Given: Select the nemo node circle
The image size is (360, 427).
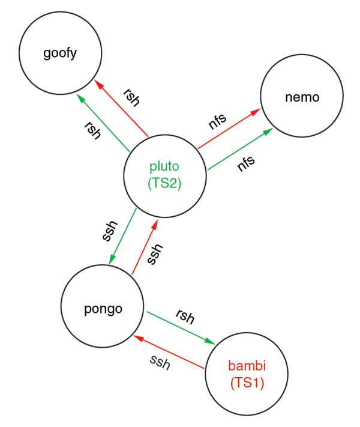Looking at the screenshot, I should [x=301, y=96].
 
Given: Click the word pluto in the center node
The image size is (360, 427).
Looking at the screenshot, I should [x=164, y=166].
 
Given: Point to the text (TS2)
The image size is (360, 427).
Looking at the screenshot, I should [x=164, y=184].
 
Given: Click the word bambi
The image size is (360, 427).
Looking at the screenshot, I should [x=247, y=365].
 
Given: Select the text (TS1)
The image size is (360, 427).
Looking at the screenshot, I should [x=247, y=382].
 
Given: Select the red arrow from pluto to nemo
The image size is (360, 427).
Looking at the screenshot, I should [x=228, y=129].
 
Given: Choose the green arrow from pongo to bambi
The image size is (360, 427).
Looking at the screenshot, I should [x=180, y=327].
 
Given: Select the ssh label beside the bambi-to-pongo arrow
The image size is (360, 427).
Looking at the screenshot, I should [x=160, y=362].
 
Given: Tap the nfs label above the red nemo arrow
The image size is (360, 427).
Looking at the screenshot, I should [x=217, y=120].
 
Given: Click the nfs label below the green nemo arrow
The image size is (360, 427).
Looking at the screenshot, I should [x=245, y=163].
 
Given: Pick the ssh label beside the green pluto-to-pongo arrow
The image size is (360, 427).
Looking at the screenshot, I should [x=109, y=231].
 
